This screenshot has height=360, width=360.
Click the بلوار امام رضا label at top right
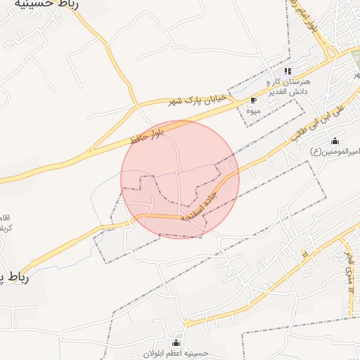(313, 19)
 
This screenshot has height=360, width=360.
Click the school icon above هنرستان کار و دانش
(287, 71)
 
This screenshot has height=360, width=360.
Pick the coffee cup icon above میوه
(253, 101)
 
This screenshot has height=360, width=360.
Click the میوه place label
(253, 111)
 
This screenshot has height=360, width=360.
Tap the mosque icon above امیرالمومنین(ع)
(335, 141)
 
